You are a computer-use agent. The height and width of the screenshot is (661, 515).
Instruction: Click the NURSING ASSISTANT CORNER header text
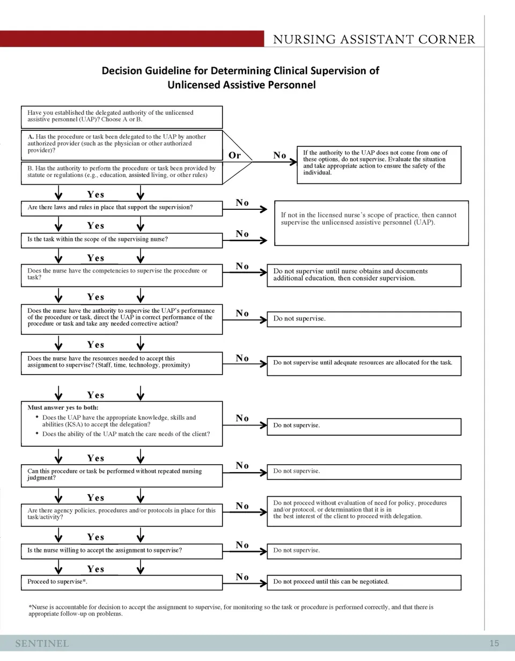[374, 39]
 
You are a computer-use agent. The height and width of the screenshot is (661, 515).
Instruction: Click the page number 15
[494, 643]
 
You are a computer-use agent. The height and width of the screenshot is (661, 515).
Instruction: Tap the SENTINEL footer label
[42, 643]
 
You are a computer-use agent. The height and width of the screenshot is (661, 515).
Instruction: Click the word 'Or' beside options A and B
[234, 155]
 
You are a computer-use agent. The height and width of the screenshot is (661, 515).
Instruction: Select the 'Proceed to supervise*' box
[122, 582]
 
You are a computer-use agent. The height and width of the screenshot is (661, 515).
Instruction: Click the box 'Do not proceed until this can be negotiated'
[364, 582]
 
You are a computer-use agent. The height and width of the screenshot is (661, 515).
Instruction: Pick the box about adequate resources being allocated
[364, 363]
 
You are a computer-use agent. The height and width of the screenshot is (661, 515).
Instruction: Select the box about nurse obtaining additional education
[364, 275]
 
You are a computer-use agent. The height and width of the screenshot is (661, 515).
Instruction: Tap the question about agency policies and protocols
[122, 514]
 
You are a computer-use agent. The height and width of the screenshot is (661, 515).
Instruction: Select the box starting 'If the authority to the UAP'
[379, 163]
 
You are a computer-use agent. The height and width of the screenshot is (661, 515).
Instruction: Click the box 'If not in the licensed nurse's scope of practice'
[371, 219]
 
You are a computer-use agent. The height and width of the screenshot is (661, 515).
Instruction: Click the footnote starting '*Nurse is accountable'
[231, 611]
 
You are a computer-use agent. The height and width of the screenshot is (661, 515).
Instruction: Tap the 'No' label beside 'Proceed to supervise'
[242, 577]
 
